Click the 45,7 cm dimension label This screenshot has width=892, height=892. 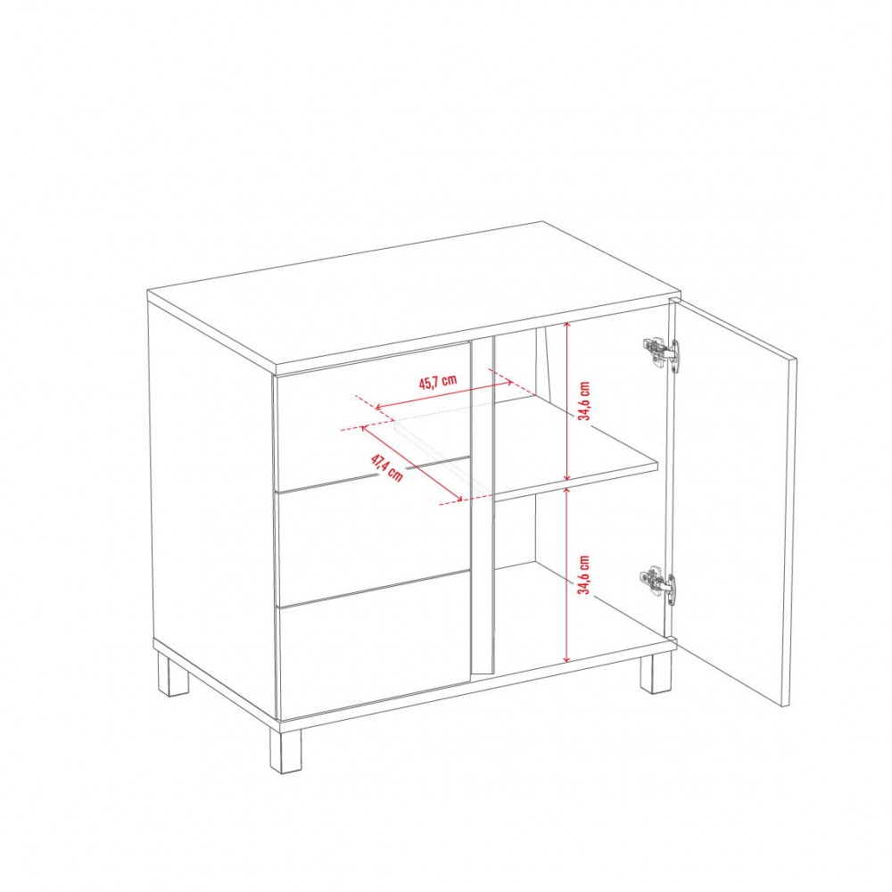(438, 381)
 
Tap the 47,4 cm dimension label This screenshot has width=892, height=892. (387, 467)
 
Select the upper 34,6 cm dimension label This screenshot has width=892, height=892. (583, 401)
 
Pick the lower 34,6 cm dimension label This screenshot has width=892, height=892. (583, 574)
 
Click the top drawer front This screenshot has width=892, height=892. (373, 416)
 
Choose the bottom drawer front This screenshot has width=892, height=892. (374, 643)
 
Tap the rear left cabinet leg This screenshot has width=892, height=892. (174, 675)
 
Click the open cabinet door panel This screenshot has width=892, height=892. (734, 500)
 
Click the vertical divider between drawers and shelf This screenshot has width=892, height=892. (482, 507)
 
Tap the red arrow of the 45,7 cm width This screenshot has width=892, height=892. (445, 395)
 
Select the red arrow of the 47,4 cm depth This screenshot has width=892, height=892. (411, 463)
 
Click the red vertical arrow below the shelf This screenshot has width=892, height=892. (566, 574)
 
